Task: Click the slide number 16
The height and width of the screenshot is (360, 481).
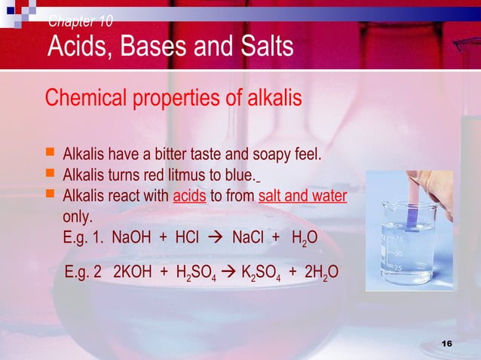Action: [447, 343]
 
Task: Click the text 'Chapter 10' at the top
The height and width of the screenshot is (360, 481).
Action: [81, 20]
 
